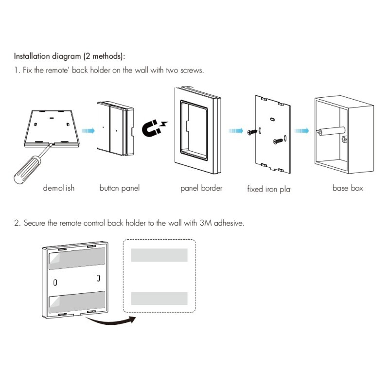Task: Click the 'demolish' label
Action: [58, 188]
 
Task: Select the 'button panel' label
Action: [120, 188]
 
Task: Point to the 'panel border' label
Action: [201, 188]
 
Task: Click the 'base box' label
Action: [348, 188]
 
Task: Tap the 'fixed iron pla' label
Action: [269, 189]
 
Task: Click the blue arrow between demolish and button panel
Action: [88, 130]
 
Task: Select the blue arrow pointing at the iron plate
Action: [236, 130]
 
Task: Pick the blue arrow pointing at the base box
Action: [301, 130]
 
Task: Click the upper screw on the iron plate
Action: [252, 132]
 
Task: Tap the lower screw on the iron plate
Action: [278, 141]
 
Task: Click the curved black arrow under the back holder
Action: [110, 321]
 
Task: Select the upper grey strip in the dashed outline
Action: [159, 255]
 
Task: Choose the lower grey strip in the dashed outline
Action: [159, 299]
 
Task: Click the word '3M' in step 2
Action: [206, 223]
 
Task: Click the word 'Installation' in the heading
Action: [32, 56]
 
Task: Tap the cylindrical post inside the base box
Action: [332, 131]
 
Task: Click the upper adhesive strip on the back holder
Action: [77, 258]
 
